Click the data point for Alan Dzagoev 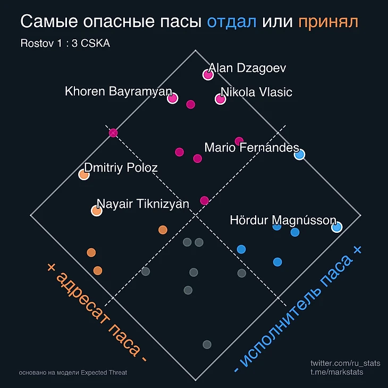(x=208, y=74)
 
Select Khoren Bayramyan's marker (x=172, y=98)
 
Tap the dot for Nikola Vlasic (x=220, y=99)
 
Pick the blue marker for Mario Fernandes (x=299, y=155)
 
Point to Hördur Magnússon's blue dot (x=336, y=227)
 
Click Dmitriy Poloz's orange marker (x=83, y=174)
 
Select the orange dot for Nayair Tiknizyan (x=96, y=210)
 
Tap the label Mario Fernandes (x=251, y=147)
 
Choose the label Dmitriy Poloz (x=121, y=168)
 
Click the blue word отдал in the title (x=232, y=22)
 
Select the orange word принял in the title (x=328, y=22)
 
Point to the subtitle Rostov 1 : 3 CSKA (x=65, y=44)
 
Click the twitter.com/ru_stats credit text (x=345, y=363)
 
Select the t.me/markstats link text (x=337, y=372)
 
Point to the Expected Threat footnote (x=72, y=373)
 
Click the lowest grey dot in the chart (x=207, y=344)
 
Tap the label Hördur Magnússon (x=283, y=220)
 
